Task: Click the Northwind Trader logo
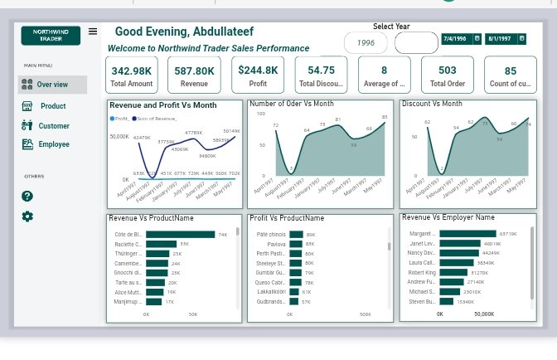pyautogui.click(x=51, y=35)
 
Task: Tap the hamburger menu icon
pyautogui.click(x=93, y=32)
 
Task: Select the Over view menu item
pyautogui.click(x=53, y=84)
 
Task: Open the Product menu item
pyautogui.click(x=53, y=106)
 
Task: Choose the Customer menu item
pyautogui.click(x=53, y=126)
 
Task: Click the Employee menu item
pyautogui.click(x=53, y=144)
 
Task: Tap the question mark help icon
pyautogui.click(x=27, y=196)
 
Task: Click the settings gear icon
pyautogui.click(x=27, y=216)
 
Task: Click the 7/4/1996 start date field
pyautogui.click(x=461, y=38)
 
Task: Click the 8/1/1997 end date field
pyautogui.click(x=506, y=38)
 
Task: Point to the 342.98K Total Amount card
pyautogui.click(x=131, y=75)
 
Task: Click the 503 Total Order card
pyautogui.click(x=447, y=75)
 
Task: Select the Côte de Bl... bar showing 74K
pyautogui.click(x=181, y=235)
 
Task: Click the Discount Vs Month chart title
pyautogui.click(x=432, y=104)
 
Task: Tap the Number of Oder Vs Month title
pyautogui.click(x=291, y=104)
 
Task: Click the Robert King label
pyautogui.click(x=422, y=272)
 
